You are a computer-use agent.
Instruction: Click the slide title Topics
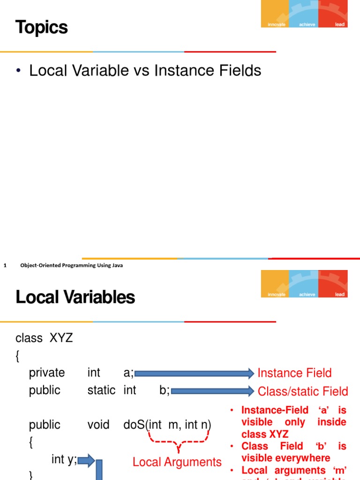pyautogui.click(x=42, y=28)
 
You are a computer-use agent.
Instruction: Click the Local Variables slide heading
pyautogui.click(x=75, y=297)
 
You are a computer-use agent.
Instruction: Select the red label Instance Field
pyautogui.click(x=294, y=373)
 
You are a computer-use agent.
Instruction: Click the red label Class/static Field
pyautogui.click(x=303, y=391)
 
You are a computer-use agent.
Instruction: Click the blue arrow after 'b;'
pyautogui.click(x=212, y=391)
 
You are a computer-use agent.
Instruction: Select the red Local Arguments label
pyautogui.click(x=177, y=462)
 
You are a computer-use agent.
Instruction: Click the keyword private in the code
pyautogui.click(x=47, y=373)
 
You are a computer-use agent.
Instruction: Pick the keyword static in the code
pyautogui.click(x=101, y=390)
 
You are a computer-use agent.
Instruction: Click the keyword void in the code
pyautogui.click(x=98, y=425)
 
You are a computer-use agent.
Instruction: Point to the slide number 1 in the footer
pyautogui.click(x=5, y=265)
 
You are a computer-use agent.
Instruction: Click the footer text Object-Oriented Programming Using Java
pyautogui.click(x=72, y=265)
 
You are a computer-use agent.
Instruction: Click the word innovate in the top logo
pyautogui.click(x=277, y=24)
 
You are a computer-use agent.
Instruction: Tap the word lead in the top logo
pyautogui.click(x=340, y=24)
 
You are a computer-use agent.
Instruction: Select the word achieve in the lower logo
pyautogui.click(x=307, y=294)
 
